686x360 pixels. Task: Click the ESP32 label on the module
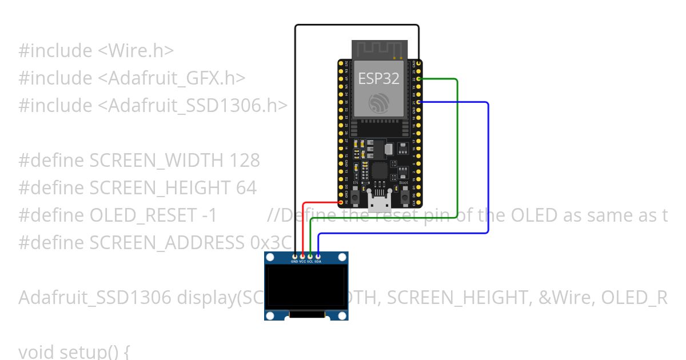tap(378, 78)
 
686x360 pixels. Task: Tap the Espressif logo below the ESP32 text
tap(379, 103)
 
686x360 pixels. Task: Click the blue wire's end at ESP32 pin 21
tap(420, 102)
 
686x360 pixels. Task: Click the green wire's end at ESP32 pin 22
tap(420, 78)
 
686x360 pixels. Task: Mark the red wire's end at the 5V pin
tap(341, 202)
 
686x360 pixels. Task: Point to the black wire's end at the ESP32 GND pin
tap(420, 63)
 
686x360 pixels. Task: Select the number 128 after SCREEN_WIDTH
tap(244, 161)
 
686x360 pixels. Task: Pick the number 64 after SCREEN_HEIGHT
tap(246, 188)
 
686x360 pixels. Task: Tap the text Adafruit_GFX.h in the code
tap(176, 78)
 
